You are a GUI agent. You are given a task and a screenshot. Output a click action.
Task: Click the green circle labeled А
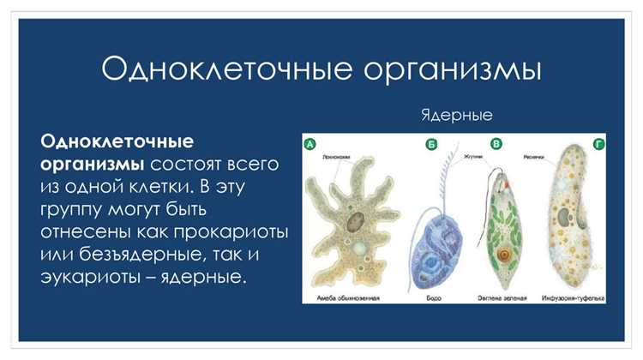(310, 144)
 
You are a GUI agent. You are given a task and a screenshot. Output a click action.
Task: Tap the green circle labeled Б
(431, 144)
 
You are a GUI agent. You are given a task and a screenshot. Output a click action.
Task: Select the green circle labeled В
(496, 144)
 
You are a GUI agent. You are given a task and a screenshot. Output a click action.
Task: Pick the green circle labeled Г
(598, 144)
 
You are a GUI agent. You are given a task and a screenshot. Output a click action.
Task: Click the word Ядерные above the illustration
(457, 114)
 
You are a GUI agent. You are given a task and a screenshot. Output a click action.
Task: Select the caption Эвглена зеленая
(502, 297)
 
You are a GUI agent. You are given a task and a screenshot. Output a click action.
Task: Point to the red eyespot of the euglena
(506, 184)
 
